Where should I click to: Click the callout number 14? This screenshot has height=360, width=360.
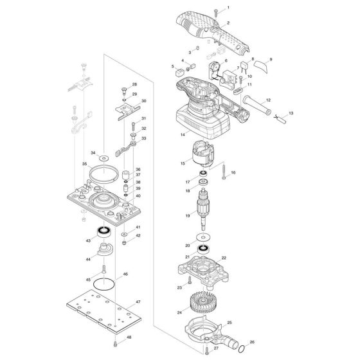click(183, 135)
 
